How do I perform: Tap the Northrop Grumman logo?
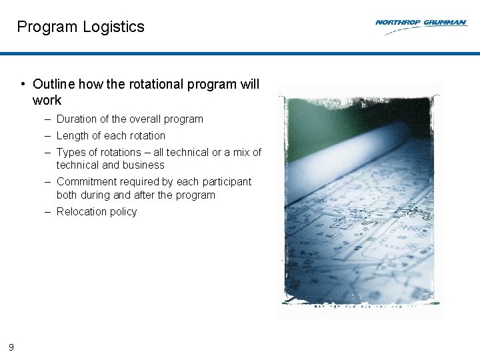pos(421,25)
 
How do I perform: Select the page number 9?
pos(11,347)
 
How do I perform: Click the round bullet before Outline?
pos(23,84)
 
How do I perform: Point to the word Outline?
pos(54,84)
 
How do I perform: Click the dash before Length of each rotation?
pos(49,136)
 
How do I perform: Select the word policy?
pos(123,212)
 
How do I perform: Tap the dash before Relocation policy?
pos(49,212)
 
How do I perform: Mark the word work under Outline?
pos(47,101)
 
